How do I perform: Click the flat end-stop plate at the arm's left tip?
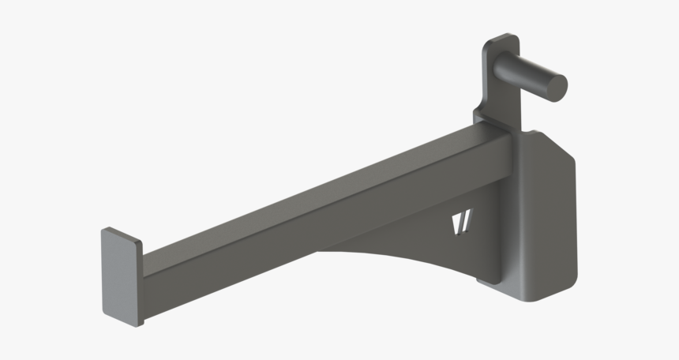pyautogui.click(x=120, y=276)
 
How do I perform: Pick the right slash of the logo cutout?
pyautogui.click(x=466, y=224)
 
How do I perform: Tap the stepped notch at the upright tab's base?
pyautogui.click(x=478, y=117)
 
